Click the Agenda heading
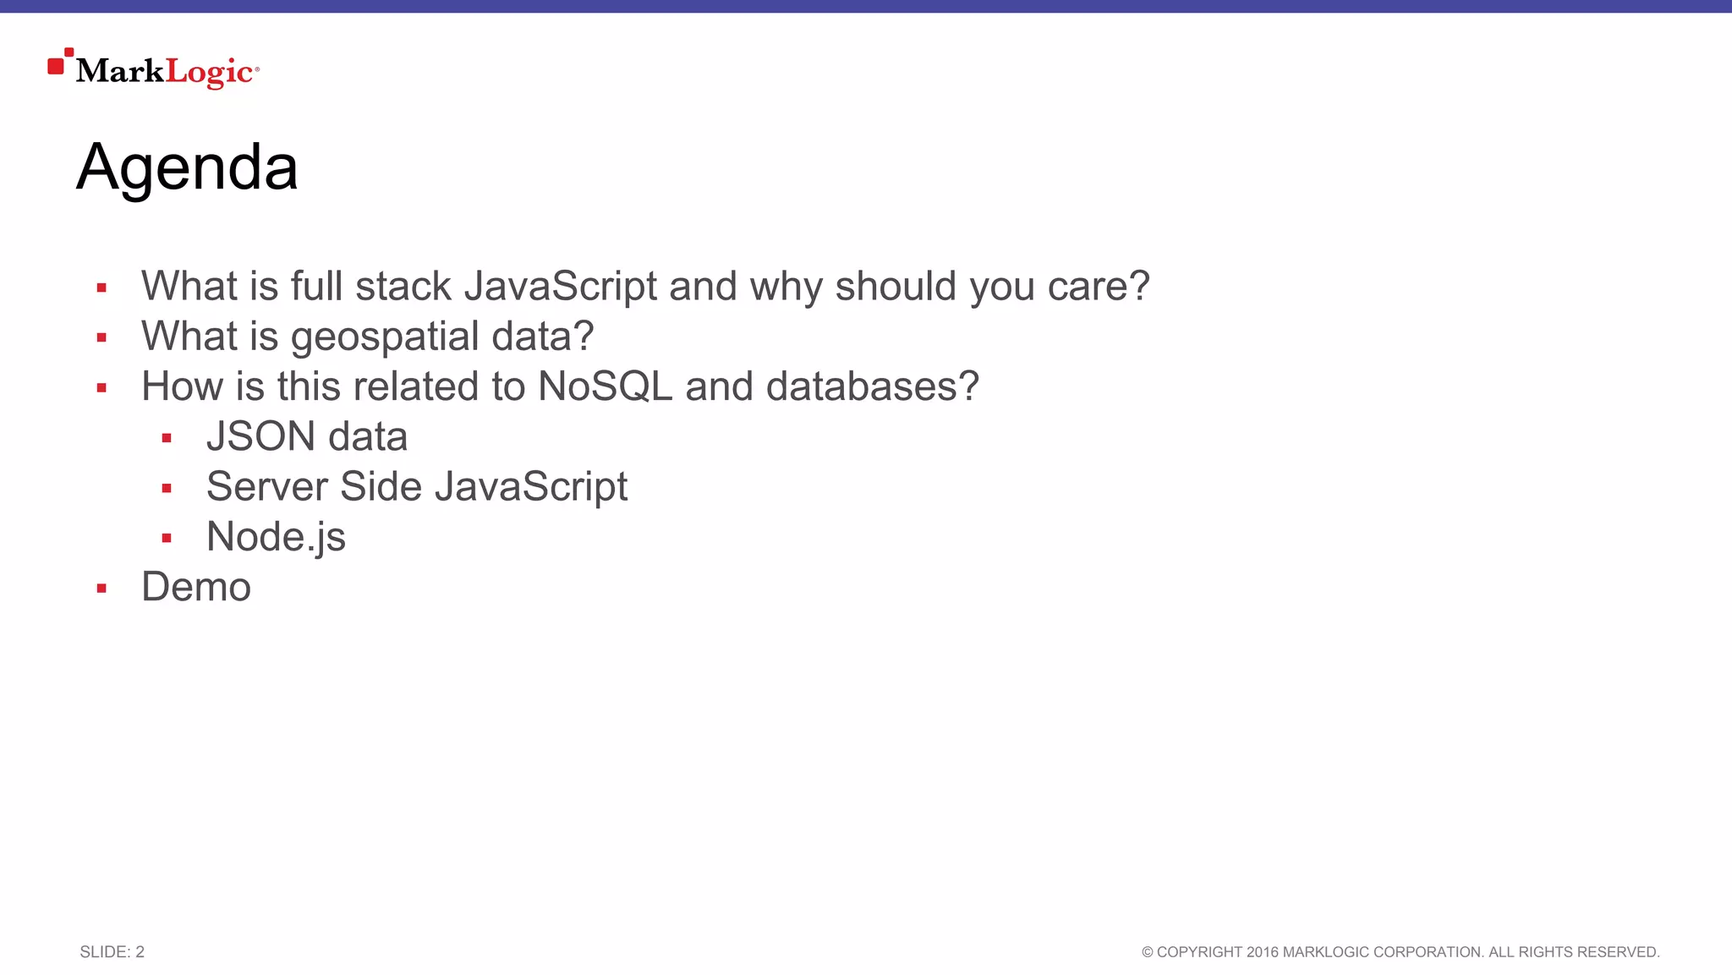pos(187,168)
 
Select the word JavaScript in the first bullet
pos(560,287)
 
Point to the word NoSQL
pos(605,386)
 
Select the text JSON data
pos(307,437)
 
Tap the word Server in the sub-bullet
pos(266,487)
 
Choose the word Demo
pos(196,587)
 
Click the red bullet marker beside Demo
pos(101,589)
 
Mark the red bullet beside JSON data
pos(167,438)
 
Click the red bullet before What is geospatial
pos(101,338)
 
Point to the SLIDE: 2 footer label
pos(112,952)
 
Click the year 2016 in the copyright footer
pos(1262,952)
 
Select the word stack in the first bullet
pos(403,287)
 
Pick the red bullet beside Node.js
pos(167,538)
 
